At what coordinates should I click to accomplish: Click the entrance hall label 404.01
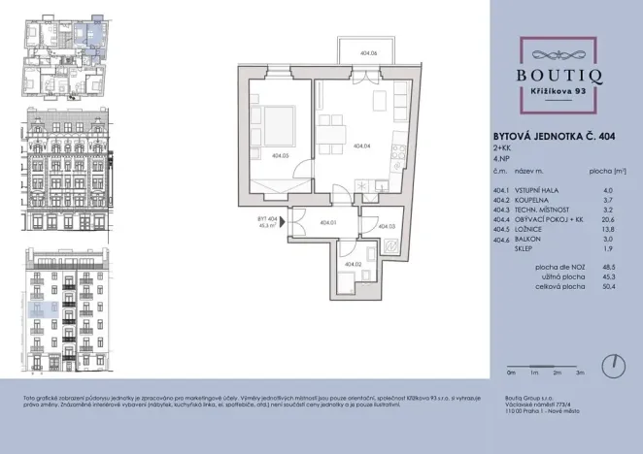pos(326,222)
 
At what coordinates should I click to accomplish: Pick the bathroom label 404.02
pos(352,264)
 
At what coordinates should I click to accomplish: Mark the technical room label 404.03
pos(387,226)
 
